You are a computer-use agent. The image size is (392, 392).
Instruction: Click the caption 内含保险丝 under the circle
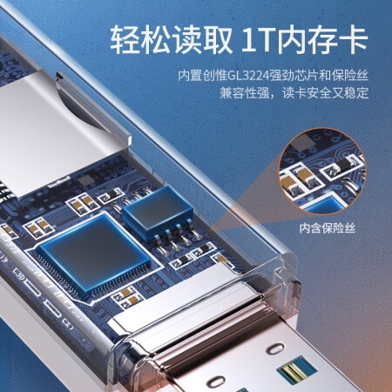[328, 228]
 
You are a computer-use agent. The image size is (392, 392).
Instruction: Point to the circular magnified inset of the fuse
[322, 172]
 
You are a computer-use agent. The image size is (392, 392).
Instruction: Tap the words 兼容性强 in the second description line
[244, 93]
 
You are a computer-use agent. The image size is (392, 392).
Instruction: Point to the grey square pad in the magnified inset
[303, 142]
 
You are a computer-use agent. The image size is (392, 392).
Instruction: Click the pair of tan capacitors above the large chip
[83, 203]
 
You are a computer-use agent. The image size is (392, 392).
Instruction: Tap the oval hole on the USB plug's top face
[276, 348]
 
